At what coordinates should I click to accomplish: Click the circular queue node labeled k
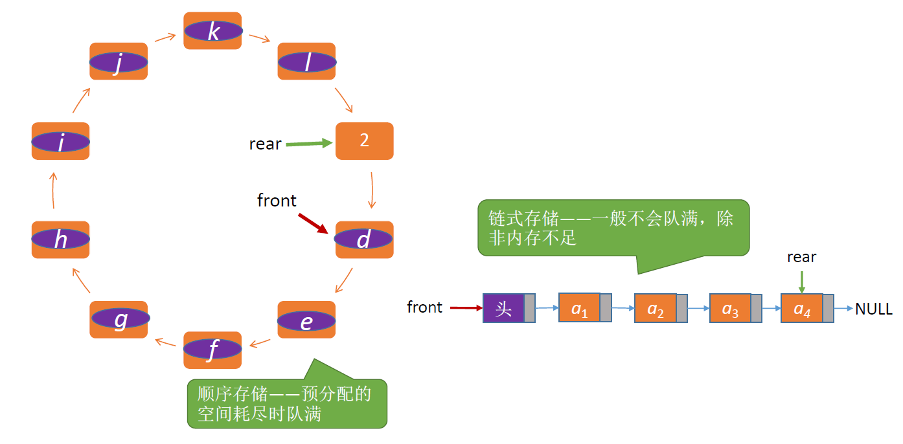point(212,30)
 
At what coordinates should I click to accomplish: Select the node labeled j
point(119,61)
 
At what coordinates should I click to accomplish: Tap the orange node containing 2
point(364,140)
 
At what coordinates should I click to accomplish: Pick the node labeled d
point(364,239)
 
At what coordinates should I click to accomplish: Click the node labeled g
point(119,319)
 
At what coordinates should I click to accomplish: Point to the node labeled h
point(60,239)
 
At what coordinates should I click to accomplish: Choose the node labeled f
point(212,350)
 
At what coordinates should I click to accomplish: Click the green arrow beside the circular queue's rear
point(308,144)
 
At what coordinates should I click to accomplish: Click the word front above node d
point(277,201)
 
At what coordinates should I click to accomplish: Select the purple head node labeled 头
point(503,308)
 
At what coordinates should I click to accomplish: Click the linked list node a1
point(580,308)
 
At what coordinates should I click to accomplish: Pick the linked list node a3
point(730,308)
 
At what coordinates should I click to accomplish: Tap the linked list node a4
point(802,308)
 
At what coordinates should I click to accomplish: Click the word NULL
point(873,309)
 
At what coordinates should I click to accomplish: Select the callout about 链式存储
point(613,228)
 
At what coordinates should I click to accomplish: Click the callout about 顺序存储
point(287,403)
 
